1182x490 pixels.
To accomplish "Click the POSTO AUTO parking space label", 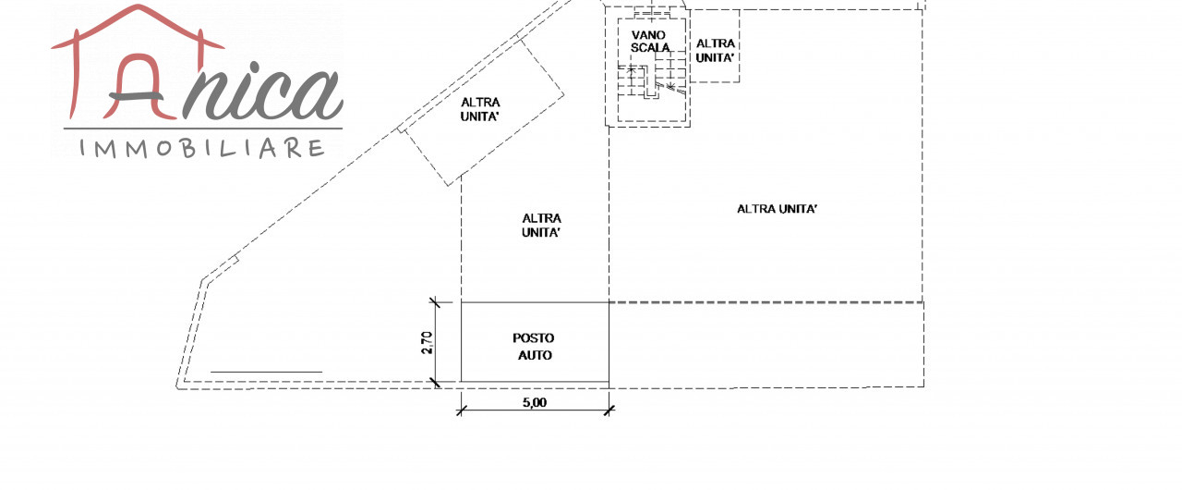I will point(534,346).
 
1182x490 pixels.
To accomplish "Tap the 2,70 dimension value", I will point(427,343).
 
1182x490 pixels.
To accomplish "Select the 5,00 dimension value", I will point(534,402).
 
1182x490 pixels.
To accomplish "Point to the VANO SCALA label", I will point(650,41).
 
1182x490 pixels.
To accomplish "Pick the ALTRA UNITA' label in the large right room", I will point(778,209).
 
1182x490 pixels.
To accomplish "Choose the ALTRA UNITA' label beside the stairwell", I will point(716,50).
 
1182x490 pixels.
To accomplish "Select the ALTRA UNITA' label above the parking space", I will point(542,226).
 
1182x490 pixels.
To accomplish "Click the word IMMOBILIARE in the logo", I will point(203,148).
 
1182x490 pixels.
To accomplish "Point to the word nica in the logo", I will point(263,92).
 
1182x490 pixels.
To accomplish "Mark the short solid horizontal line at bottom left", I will point(266,372).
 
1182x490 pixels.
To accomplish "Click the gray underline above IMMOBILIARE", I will point(203,129).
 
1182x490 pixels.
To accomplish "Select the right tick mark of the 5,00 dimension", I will point(609,410).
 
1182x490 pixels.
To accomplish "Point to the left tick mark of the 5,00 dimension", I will point(461,410).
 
